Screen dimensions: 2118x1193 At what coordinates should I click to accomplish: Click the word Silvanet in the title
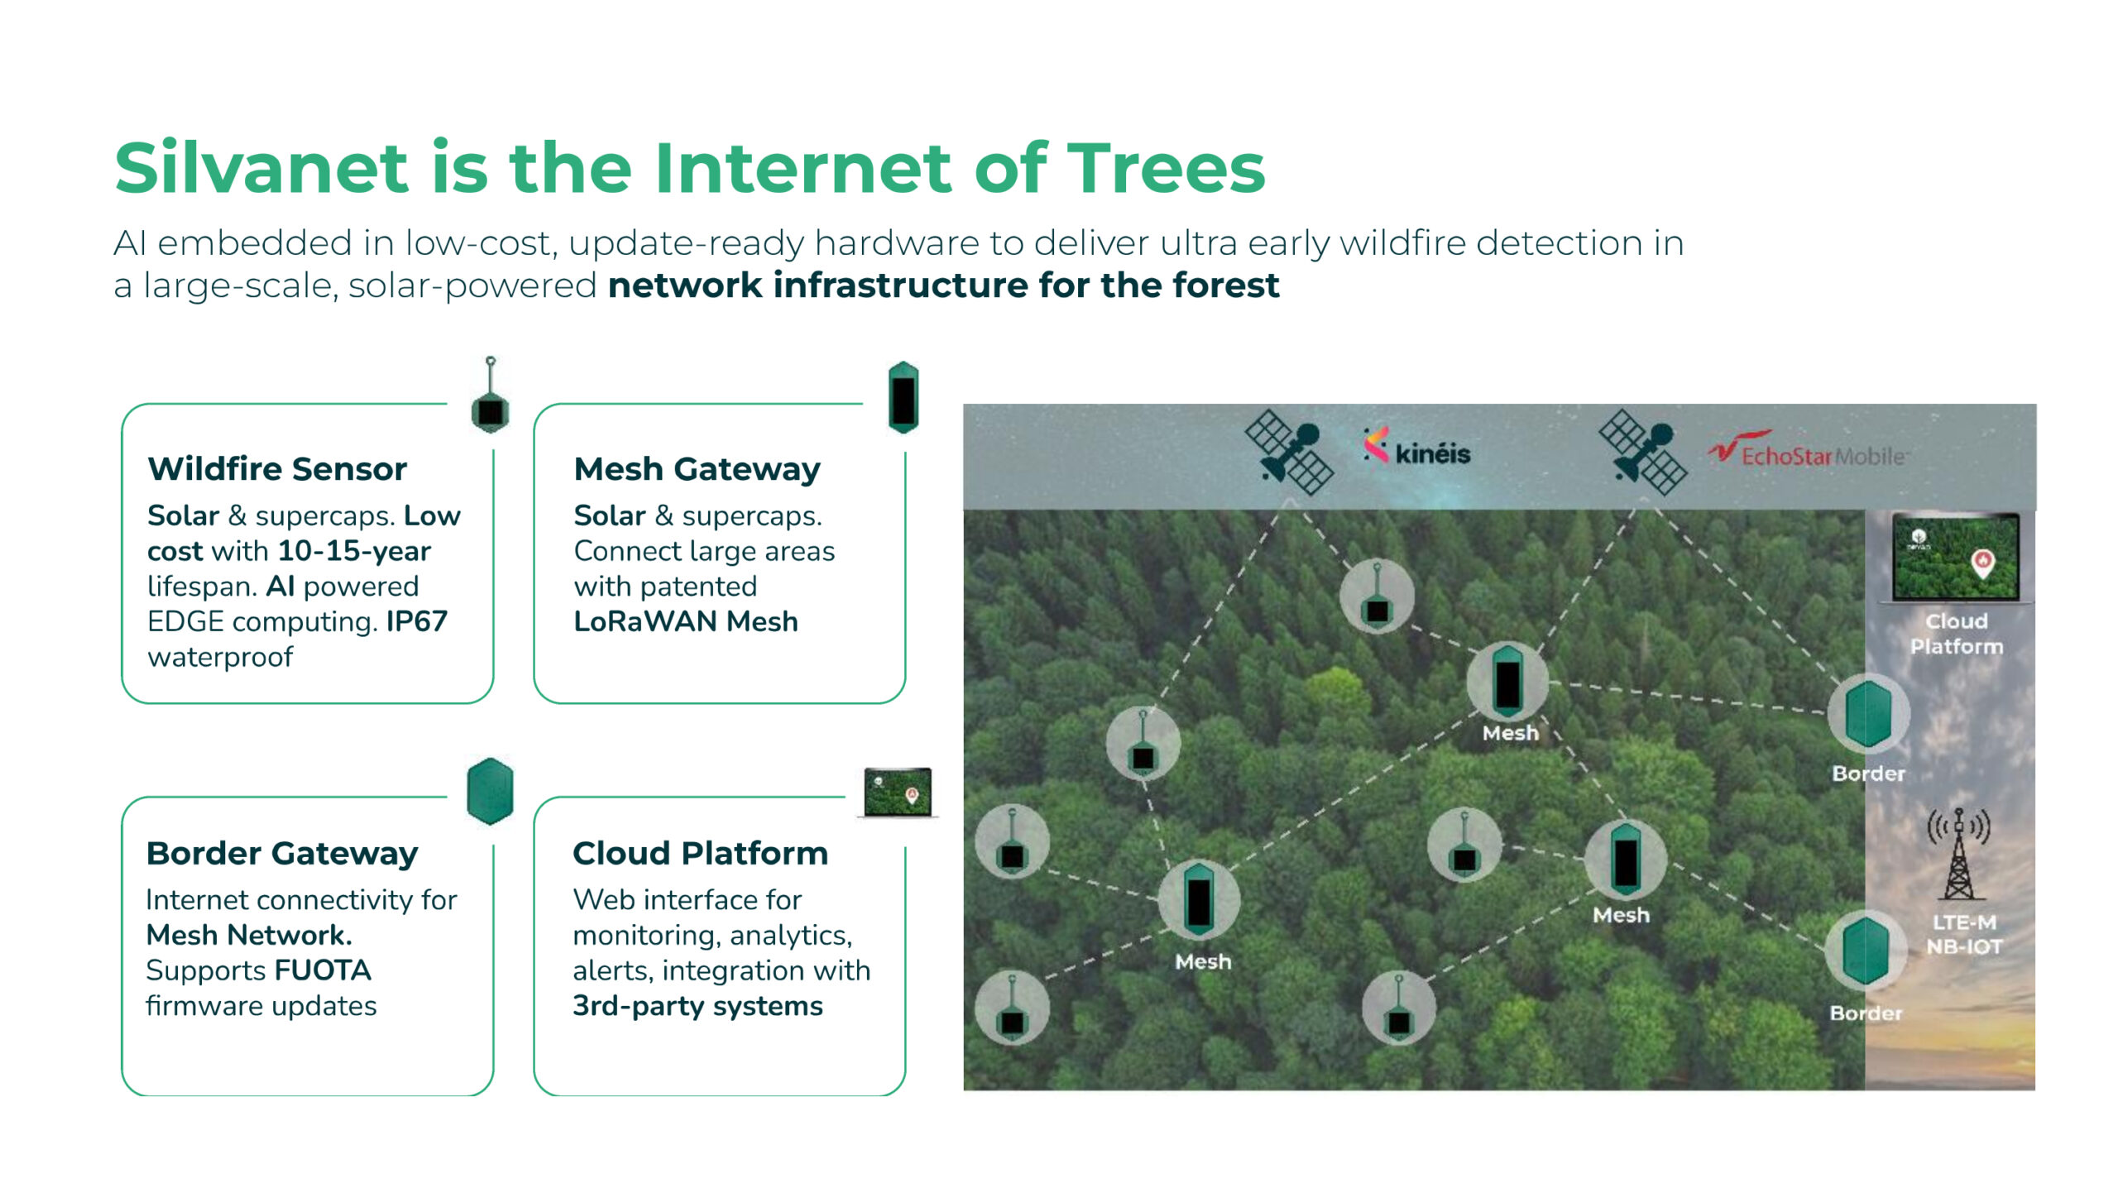[261, 168]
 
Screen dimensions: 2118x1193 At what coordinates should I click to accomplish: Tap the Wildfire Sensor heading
[277, 469]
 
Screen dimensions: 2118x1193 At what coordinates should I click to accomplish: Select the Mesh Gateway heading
[697, 470]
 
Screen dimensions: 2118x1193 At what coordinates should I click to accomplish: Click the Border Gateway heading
[282, 854]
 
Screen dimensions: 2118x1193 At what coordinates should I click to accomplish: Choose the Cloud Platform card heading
[700, 853]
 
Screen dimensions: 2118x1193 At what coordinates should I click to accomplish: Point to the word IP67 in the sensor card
[417, 621]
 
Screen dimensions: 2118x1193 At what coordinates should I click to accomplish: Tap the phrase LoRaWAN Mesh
[686, 621]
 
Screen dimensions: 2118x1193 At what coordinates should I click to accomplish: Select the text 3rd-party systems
[697, 1006]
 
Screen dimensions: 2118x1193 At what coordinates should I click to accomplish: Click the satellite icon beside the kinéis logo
[1289, 453]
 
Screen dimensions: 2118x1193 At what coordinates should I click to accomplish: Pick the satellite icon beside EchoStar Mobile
[1642, 453]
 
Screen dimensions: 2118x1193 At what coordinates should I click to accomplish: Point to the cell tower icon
[1958, 854]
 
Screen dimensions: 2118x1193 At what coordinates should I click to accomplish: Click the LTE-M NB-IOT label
[1964, 935]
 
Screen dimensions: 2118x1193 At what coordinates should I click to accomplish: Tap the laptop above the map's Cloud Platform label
[1956, 558]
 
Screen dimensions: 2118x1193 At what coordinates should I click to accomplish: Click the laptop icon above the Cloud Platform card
[898, 793]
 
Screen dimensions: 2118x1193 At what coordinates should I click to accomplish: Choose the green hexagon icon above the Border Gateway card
[490, 792]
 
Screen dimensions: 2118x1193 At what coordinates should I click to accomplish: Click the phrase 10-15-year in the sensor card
[354, 551]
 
